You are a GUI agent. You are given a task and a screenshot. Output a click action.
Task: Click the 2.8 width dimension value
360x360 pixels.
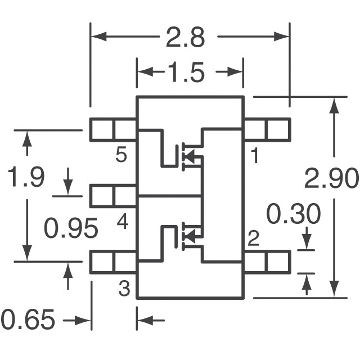(185, 38)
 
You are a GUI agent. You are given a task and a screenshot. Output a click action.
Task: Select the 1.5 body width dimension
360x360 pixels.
(186, 73)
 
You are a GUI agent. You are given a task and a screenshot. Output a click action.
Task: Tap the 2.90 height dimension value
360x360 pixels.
(331, 178)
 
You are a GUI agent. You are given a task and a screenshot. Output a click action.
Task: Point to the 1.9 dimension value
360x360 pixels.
(26, 177)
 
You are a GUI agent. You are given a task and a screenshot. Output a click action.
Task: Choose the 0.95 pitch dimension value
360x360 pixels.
(71, 228)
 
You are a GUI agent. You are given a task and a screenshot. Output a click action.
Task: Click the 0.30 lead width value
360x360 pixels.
(293, 214)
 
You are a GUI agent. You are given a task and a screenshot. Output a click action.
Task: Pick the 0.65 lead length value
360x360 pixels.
(28, 319)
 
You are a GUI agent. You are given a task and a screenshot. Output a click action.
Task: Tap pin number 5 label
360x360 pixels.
(121, 155)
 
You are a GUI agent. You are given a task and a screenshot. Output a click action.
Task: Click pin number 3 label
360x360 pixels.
(124, 288)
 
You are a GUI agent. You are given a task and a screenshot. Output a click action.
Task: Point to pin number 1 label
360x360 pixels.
(255, 155)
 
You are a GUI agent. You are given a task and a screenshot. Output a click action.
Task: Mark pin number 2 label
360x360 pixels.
(254, 238)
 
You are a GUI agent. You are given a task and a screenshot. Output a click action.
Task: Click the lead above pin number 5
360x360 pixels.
(113, 129)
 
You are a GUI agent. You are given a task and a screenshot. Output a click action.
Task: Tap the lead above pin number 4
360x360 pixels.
(113, 196)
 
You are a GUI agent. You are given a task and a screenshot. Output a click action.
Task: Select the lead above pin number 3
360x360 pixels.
(113, 262)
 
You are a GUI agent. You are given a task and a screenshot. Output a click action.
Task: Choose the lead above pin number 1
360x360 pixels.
(267, 129)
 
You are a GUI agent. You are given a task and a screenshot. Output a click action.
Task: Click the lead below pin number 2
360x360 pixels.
(267, 262)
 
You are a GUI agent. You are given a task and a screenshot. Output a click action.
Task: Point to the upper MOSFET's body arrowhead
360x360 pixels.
(190, 156)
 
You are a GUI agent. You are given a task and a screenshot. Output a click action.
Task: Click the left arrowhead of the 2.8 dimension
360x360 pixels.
(99, 37)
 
